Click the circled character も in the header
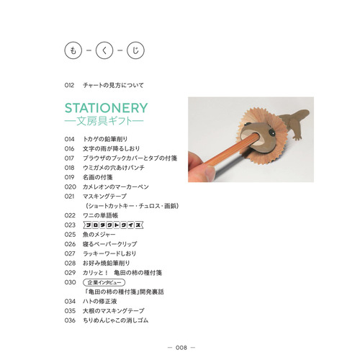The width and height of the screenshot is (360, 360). pos(73,50)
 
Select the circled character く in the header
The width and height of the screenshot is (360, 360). pos(104,50)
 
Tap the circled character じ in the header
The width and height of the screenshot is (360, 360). pos(135,50)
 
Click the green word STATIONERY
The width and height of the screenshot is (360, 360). pos(106,108)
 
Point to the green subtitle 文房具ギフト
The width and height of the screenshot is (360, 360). pos(104,121)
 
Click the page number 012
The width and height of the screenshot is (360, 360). pos(69,85)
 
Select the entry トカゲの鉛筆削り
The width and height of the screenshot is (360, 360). pos(105,139)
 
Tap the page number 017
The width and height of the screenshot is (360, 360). pos(69,158)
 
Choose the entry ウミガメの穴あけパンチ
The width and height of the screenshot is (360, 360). pos(114,168)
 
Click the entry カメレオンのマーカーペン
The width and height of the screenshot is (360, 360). pos(116,186)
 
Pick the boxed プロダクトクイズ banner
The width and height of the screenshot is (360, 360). pos(113,225)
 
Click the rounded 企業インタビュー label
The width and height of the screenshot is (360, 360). pos(104,282)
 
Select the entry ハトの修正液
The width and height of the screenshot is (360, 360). pos(100,301)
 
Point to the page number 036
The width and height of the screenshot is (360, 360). pos(70,320)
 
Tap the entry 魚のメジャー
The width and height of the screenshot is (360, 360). pos(99,235)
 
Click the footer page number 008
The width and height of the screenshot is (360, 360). pos(181,348)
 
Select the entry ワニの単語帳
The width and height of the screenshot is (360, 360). pos(100,215)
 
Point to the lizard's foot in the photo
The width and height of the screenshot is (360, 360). pos(297,138)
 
